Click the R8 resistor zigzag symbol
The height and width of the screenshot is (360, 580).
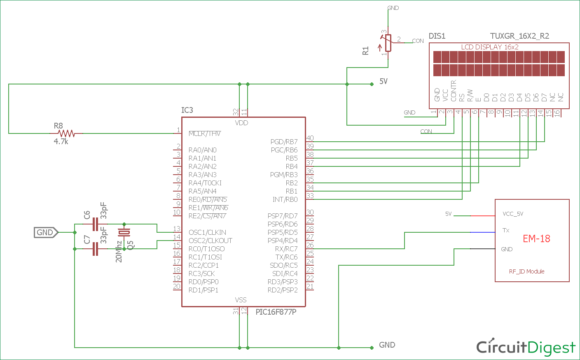[x=66, y=133]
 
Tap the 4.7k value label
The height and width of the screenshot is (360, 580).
[x=61, y=142]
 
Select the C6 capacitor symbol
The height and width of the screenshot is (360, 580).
[x=95, y=224]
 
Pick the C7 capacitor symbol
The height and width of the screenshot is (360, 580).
[x=95, y=249]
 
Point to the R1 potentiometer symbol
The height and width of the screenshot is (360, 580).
[x=388, y=43]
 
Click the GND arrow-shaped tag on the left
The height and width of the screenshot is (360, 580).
[x=46, y=232]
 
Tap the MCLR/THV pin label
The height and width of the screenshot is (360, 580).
[x=204, y=133]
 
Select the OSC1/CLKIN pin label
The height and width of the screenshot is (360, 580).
[x=207, y=232]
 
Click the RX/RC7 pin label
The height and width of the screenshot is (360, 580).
[x=286, y=249]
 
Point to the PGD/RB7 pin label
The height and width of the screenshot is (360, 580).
[x=284, y=142]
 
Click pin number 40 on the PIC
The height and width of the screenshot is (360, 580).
[x=310, y=138]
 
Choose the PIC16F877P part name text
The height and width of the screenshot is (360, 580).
[x=276, y=312]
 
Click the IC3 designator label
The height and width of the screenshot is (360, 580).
[x=187, y=110]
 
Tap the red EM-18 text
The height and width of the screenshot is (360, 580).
[x=536, y=238]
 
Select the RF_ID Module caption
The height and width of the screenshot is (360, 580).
[x=526, y=271]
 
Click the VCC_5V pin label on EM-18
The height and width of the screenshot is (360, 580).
[x=513, y=214]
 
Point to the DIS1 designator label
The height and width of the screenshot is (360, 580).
[x=437, y=36]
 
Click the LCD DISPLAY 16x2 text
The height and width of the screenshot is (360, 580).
[x=490, y=47]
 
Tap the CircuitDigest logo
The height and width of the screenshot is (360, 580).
[x=526, y=347]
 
